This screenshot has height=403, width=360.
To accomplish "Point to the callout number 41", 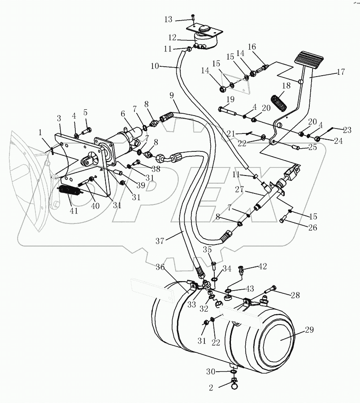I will tap(74, 210).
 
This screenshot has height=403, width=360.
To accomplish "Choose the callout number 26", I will tap(312, 227).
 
